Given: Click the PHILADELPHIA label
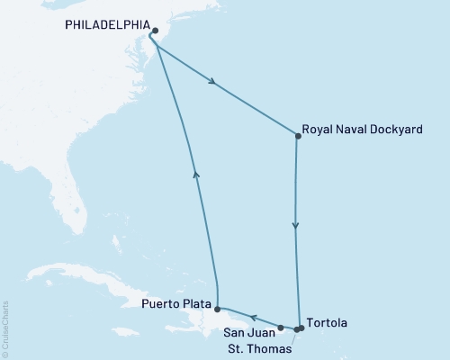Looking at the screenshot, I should pyautogui.click(x=104, y=27).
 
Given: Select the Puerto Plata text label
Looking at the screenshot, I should pyautogui.click(x=176, y=305).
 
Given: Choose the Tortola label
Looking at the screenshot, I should pyautogui.click(x=327, y=321).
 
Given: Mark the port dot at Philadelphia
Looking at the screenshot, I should pyautogui.click(x=156, y=29).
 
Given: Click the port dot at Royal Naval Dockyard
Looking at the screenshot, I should pyautogui.click(x=298, y=137).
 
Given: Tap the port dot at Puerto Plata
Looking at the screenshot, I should pyautogui.click(x=217, y=308).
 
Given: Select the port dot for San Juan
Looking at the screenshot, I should pyautogui.click(x=281, y=328).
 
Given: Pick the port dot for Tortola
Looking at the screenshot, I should pyautogui.click(x=301, y=328).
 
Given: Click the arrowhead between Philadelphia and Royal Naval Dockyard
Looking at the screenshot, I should pyautogui.click(x=213, y=84).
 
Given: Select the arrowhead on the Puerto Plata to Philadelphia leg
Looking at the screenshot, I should pyautogui.click(x=195, y=175).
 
